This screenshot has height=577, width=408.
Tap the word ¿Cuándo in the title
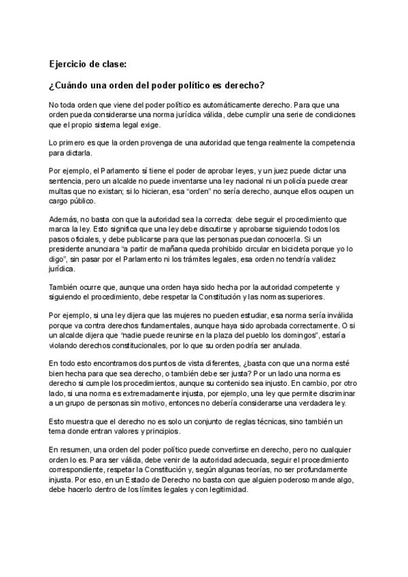[x=70, y=86]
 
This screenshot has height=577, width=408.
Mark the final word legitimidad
[x=229, y=495]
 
